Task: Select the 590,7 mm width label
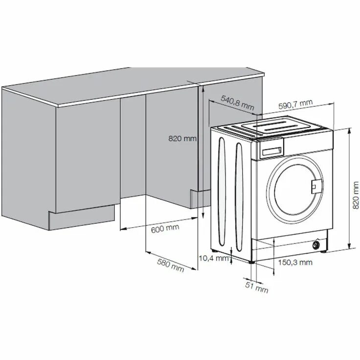pos(295,104)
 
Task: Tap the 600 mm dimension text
pos(164,228)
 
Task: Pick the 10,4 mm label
pos(214,258)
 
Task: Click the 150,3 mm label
pos(295,263)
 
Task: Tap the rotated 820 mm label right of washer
pos(356,193)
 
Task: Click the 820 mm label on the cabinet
pos(182,139)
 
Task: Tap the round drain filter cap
pos(318,243)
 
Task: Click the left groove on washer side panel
pos(221,191)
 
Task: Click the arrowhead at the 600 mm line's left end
pos(122,228)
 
